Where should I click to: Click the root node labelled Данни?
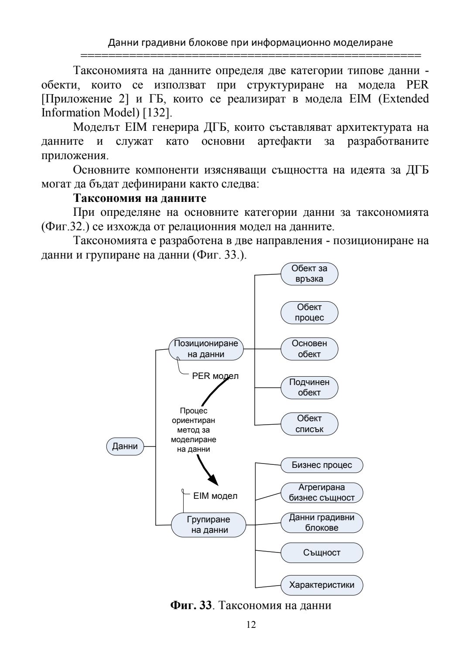pos(125,446)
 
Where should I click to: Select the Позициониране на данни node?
pos(206,349)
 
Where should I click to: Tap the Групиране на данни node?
pos(208,525)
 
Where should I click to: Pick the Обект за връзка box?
pos(309,274)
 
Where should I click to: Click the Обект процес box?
pos(309,313)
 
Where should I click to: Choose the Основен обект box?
pos(309,349)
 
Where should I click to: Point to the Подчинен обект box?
pos(309,387)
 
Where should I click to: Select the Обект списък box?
pos(309,424)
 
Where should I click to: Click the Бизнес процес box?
pos(322,465)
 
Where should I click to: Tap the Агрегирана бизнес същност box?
pos(322,492)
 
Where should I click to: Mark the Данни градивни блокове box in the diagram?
pos(322,522)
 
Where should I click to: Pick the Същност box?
pos(322,552)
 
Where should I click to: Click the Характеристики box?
pos(322,585)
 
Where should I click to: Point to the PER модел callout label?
pos(215,376)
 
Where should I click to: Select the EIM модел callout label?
pos(215,496)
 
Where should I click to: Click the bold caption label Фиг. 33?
pos(191,606)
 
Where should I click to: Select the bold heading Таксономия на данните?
pos(140,198)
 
